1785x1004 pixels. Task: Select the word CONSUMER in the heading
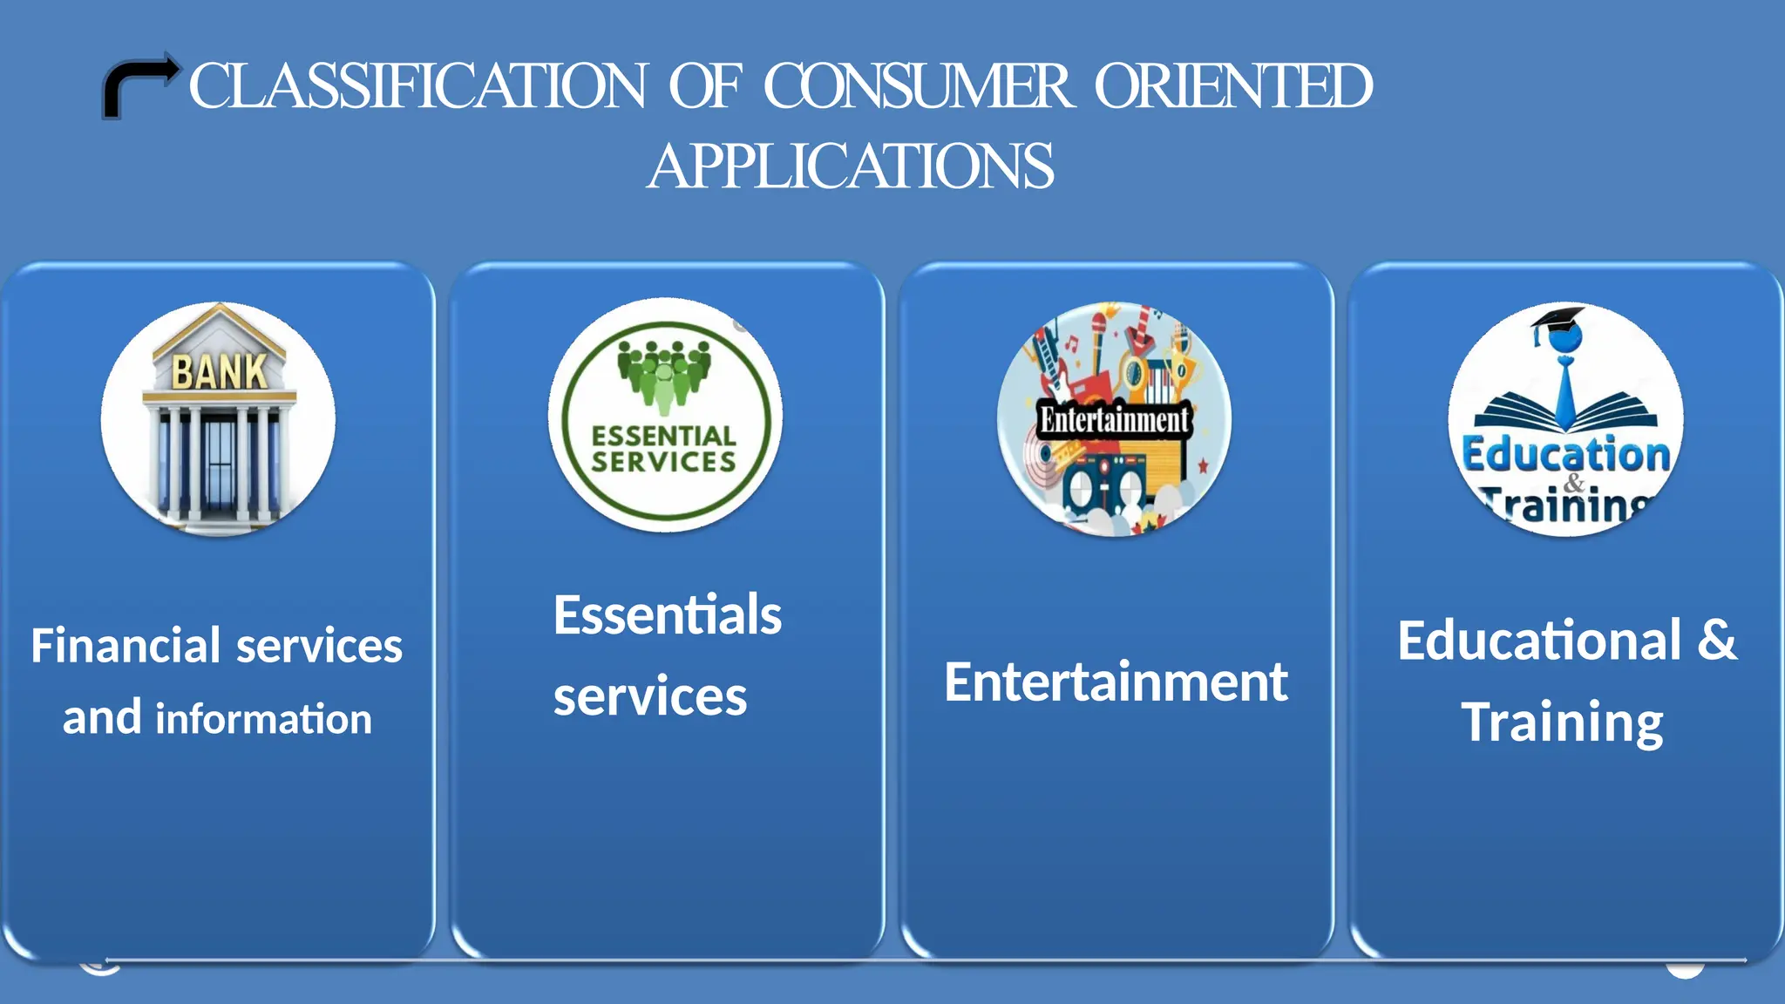(918, 87)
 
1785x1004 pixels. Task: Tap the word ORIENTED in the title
(1233, 87)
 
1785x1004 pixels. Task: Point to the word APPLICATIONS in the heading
(851, 166)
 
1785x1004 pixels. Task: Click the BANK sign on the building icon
(220, 372)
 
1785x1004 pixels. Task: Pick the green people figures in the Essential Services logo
(664, 372)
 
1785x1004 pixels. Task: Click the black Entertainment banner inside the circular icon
(1114, 420)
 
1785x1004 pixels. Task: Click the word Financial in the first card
(126, 646)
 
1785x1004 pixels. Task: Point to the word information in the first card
(263, 720)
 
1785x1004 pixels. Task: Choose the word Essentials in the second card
(667, 615)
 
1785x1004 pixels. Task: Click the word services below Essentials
(650, 697)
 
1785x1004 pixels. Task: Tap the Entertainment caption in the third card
(1116, 682)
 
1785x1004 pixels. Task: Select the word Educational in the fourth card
(1539, 641)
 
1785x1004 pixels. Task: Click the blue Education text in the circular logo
(1565, 455)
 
